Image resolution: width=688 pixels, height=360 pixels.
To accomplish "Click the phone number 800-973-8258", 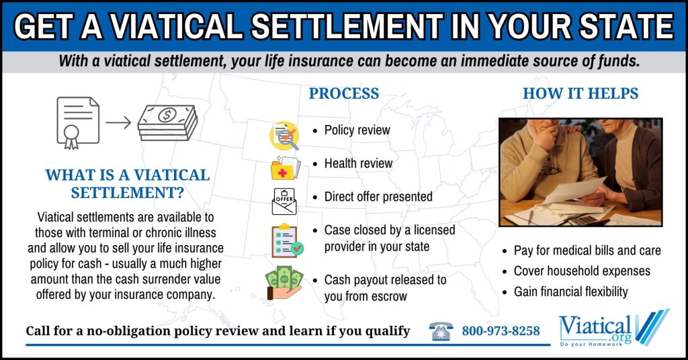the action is (x=501, y=330).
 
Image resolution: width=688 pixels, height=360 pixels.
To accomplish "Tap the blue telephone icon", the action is (x=441, y=331).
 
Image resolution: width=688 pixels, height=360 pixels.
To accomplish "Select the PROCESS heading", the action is (x=343, y=93).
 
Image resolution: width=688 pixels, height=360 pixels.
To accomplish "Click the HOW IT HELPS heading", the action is (x=580, y=93).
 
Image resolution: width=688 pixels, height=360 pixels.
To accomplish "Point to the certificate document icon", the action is (x=78, y=123).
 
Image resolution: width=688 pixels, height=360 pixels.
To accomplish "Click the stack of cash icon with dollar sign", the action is (x=167, y=123).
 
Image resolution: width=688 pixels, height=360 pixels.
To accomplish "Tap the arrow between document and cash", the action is (x=118, y=123).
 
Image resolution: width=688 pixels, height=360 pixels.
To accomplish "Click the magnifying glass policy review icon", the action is (x=284, y=136).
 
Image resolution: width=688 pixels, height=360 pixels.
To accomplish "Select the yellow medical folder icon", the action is (x=285, y=169).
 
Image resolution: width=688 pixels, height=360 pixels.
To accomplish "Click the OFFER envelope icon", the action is (x=284, y=201).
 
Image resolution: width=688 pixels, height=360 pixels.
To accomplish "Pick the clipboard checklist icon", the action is (x=287, y=240).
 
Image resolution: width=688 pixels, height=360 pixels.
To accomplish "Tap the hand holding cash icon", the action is (x=284, y=283).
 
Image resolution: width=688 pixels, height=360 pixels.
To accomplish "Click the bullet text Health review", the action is (x=359, y=164).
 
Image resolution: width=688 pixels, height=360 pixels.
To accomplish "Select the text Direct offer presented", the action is (x=378, y=197).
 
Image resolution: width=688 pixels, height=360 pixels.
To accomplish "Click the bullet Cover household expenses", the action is (x=582, y=271).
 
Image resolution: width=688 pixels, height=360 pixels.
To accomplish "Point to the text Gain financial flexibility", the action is (x=571, y=291).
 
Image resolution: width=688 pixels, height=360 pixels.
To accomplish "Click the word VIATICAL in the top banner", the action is (x=176, y=26).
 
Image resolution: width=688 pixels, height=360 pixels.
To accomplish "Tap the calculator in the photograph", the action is (x=589, y=220).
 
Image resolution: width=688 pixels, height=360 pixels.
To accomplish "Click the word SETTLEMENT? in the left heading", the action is (x=127, y=193).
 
